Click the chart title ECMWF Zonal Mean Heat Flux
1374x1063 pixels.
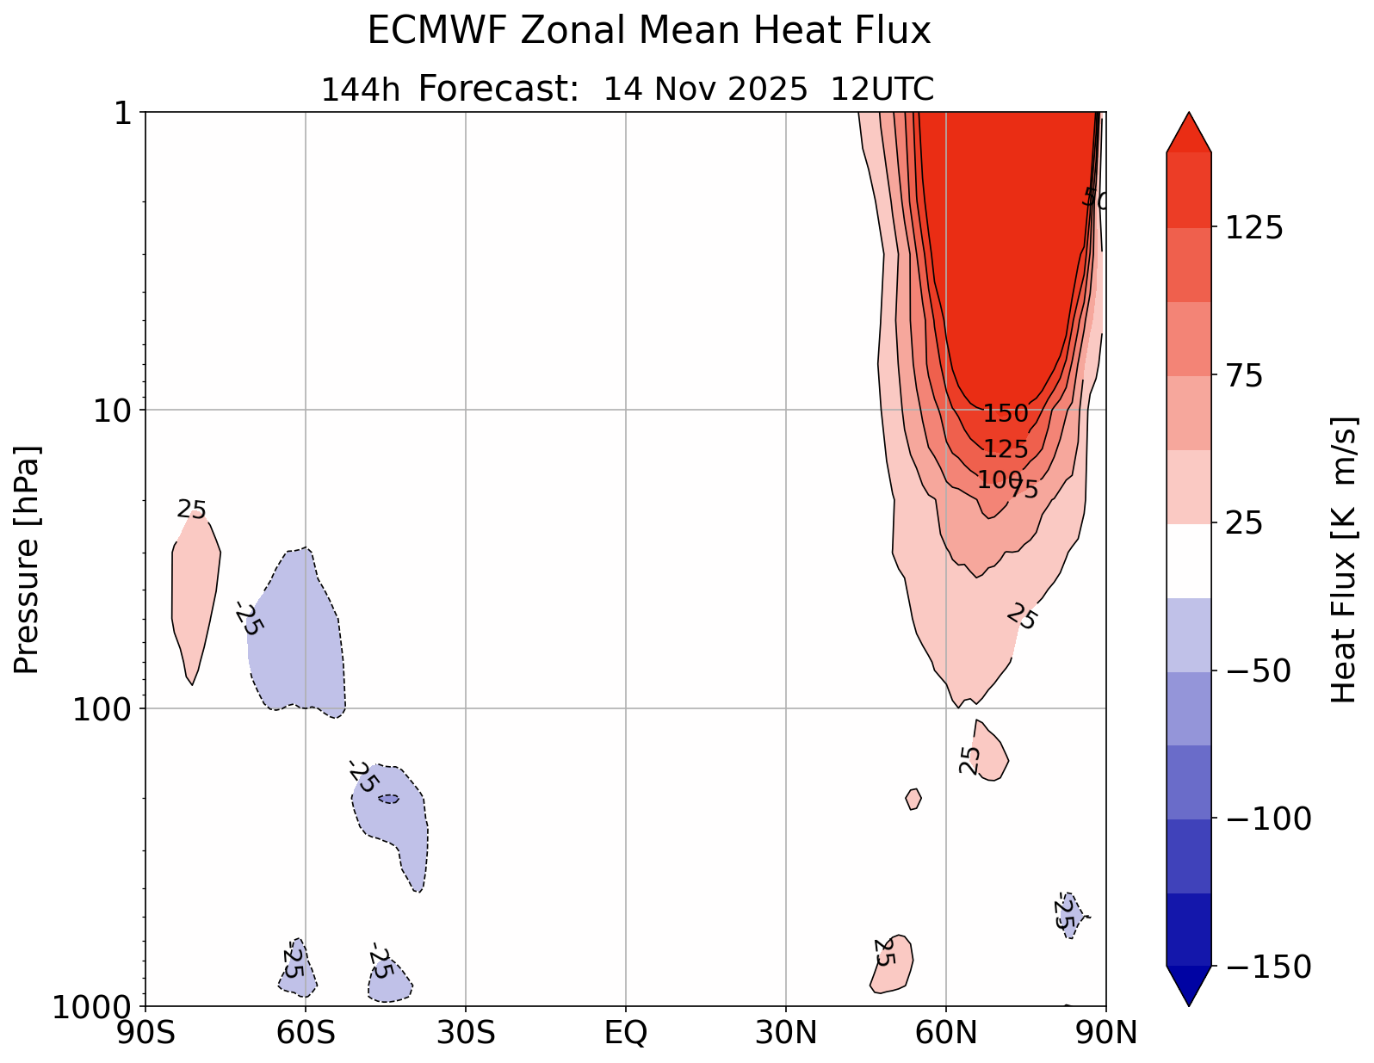649,32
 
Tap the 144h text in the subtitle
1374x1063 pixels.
360,90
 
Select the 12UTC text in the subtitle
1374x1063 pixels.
882,90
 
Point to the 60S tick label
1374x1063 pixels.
306,1033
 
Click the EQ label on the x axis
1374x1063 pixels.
626,1033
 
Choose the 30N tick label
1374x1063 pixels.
786,1033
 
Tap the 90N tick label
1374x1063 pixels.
1107,1033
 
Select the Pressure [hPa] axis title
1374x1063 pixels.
28,559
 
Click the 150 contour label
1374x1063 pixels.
1006,414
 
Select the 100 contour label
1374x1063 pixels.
999,479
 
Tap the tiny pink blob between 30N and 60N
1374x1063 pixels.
913,799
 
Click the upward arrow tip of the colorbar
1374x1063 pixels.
1189,121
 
